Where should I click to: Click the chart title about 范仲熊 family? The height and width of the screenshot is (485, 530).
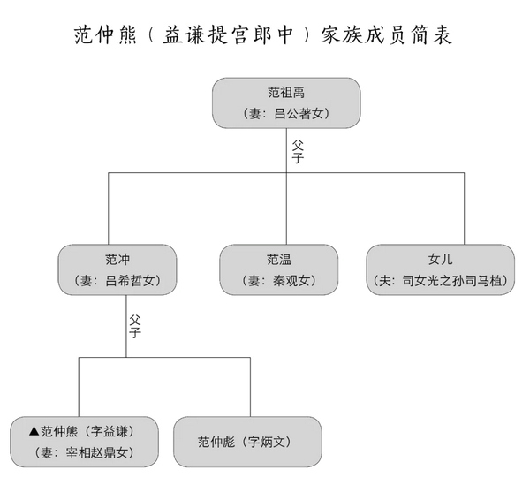pyautogui.click(x=263, y=34)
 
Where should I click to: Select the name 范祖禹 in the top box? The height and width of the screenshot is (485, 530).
pyautogui.click(x=286, y=93)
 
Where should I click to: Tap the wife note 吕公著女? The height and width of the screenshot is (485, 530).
pyautogui.click(x=286, y=114)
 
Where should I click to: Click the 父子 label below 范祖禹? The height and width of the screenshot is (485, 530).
pyautogui.click(x=298, y=152)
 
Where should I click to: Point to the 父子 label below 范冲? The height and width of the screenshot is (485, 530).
pyautogui.click(x=135, y=327)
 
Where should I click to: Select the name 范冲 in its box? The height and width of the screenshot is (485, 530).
pyautogui.click(x=117, y=260)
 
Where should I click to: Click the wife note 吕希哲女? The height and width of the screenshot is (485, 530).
pyautogui.click(x=117, y=281)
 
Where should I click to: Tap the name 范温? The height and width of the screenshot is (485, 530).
pyautogui.click(x=279, y=260)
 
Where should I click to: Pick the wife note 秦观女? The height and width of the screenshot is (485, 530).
pyautogui.click(x=279, y=281)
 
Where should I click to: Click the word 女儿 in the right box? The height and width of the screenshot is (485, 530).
pyautogui.click(x=441, y=260)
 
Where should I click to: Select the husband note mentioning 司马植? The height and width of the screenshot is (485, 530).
pyautogui.click(x=441, y=281)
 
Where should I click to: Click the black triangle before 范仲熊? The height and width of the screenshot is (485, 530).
pyautogui.click(x=34, y=431)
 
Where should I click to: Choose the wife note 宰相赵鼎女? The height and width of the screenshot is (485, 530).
pyautogui.click(x=84, y=453)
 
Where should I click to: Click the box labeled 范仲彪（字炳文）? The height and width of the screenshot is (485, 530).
pyautogui.click(x=247, y=442)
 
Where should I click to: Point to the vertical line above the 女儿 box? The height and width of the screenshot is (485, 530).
pyautogui.click(x=464, y=208)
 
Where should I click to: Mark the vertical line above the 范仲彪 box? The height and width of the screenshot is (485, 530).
pyautogui.click(x=250, y=387)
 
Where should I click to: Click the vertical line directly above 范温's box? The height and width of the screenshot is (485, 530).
pyautogui.click(x=286, y=208)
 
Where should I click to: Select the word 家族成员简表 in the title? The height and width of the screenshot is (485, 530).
pyautogui.click(x=386, y=34)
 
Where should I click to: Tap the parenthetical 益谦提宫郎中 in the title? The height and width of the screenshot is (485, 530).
pyautogui.click(x=228, y=34)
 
